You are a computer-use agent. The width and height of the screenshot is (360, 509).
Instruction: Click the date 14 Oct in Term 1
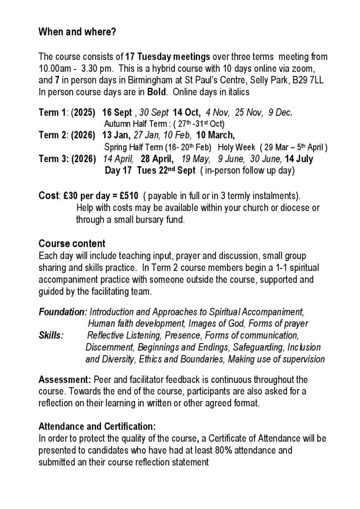pos(187,112)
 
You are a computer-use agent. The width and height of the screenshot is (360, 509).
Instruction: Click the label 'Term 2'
pos(52,135)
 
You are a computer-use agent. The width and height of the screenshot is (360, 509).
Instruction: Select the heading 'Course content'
pos(72,244)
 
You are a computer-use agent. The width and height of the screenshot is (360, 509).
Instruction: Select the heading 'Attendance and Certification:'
pos(97,427)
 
